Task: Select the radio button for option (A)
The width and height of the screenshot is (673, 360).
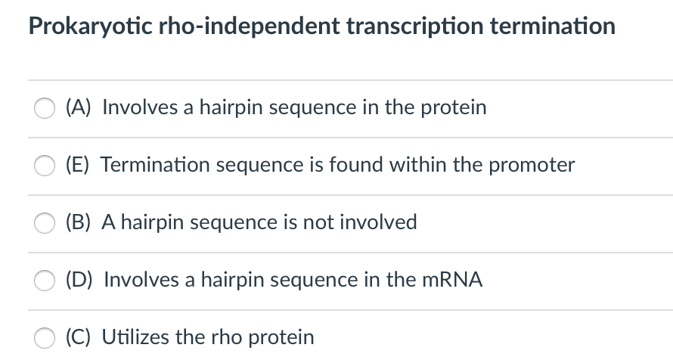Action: tap(44, 108)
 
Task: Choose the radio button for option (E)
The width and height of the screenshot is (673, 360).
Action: tap(44, 166)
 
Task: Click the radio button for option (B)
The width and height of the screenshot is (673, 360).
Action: tap(44, 223)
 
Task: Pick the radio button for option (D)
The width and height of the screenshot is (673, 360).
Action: tap(44, 281)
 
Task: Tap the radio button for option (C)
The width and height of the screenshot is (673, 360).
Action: tap(44, 337)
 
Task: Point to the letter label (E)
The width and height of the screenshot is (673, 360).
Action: tap(79, 165)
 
